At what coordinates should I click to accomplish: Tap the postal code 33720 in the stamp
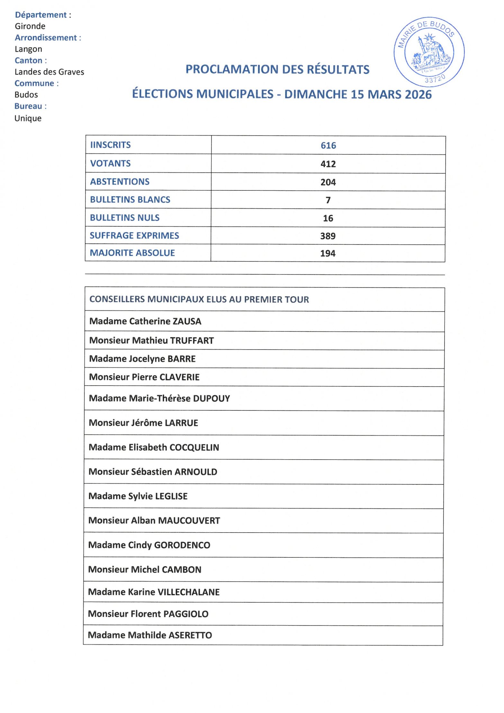(x=435, y=78)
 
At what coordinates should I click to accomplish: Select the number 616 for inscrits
(x=328, y=145)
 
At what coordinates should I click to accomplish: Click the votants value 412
(x=328, y=164)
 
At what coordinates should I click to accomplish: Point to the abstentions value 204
(x=328, y=182)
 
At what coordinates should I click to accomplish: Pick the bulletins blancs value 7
(x=328, y=200)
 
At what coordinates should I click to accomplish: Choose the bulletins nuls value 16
(x=328, y=218)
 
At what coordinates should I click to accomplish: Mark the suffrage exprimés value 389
(x=328, y=236)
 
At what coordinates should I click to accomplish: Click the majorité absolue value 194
(x=328, y=253)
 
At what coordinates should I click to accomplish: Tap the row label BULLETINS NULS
(x=125, y=218)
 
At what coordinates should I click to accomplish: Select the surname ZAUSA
(x=187, y=321)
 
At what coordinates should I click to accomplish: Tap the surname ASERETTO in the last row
(x=190, y=635)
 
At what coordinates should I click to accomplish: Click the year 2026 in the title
(x=418, y=95)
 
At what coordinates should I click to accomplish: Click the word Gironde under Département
(x=30, y=26)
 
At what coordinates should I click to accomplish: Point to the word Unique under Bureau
(x=28, y=118)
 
